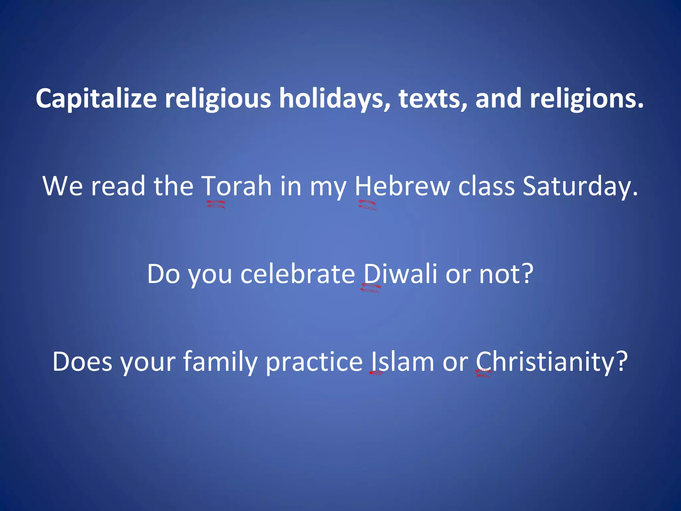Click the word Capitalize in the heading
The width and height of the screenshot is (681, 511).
coord(96,99)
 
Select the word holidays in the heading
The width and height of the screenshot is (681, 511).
coord(335,99)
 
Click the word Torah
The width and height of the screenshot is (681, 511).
coord(237,186)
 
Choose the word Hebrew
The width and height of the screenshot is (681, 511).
coord(402,186)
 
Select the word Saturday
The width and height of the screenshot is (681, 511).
coord(580,186)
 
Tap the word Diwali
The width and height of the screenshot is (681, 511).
coord(400,274)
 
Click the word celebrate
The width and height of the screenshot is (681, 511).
coord(298,274)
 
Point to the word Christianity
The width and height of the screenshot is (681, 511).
coord(552,362)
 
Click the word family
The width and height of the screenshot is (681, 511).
coord(220,362)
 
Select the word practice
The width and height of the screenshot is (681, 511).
coord(314,362)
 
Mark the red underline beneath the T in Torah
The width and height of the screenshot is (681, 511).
coord(216,204)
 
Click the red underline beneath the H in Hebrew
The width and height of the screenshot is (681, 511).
coord(367,205)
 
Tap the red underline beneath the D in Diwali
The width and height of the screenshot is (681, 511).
coord(370,288)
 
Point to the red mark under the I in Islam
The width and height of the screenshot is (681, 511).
coord(376,373)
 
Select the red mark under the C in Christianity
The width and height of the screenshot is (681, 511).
coord(483,373)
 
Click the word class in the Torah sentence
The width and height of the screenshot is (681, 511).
coord(486,186)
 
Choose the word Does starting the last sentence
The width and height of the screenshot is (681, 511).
coord(82,362)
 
